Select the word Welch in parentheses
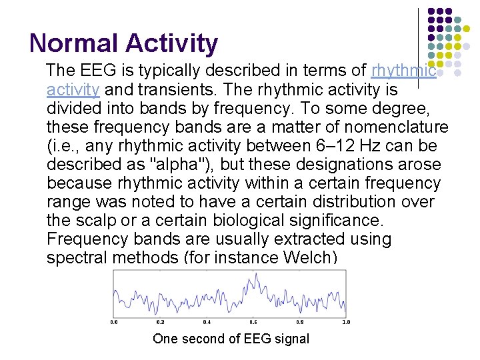pos(306,257)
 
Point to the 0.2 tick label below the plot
pos(160,322)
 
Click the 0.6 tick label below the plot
pos(253,322)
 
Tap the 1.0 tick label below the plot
pos(345,322)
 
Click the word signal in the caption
pos(289,339)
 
